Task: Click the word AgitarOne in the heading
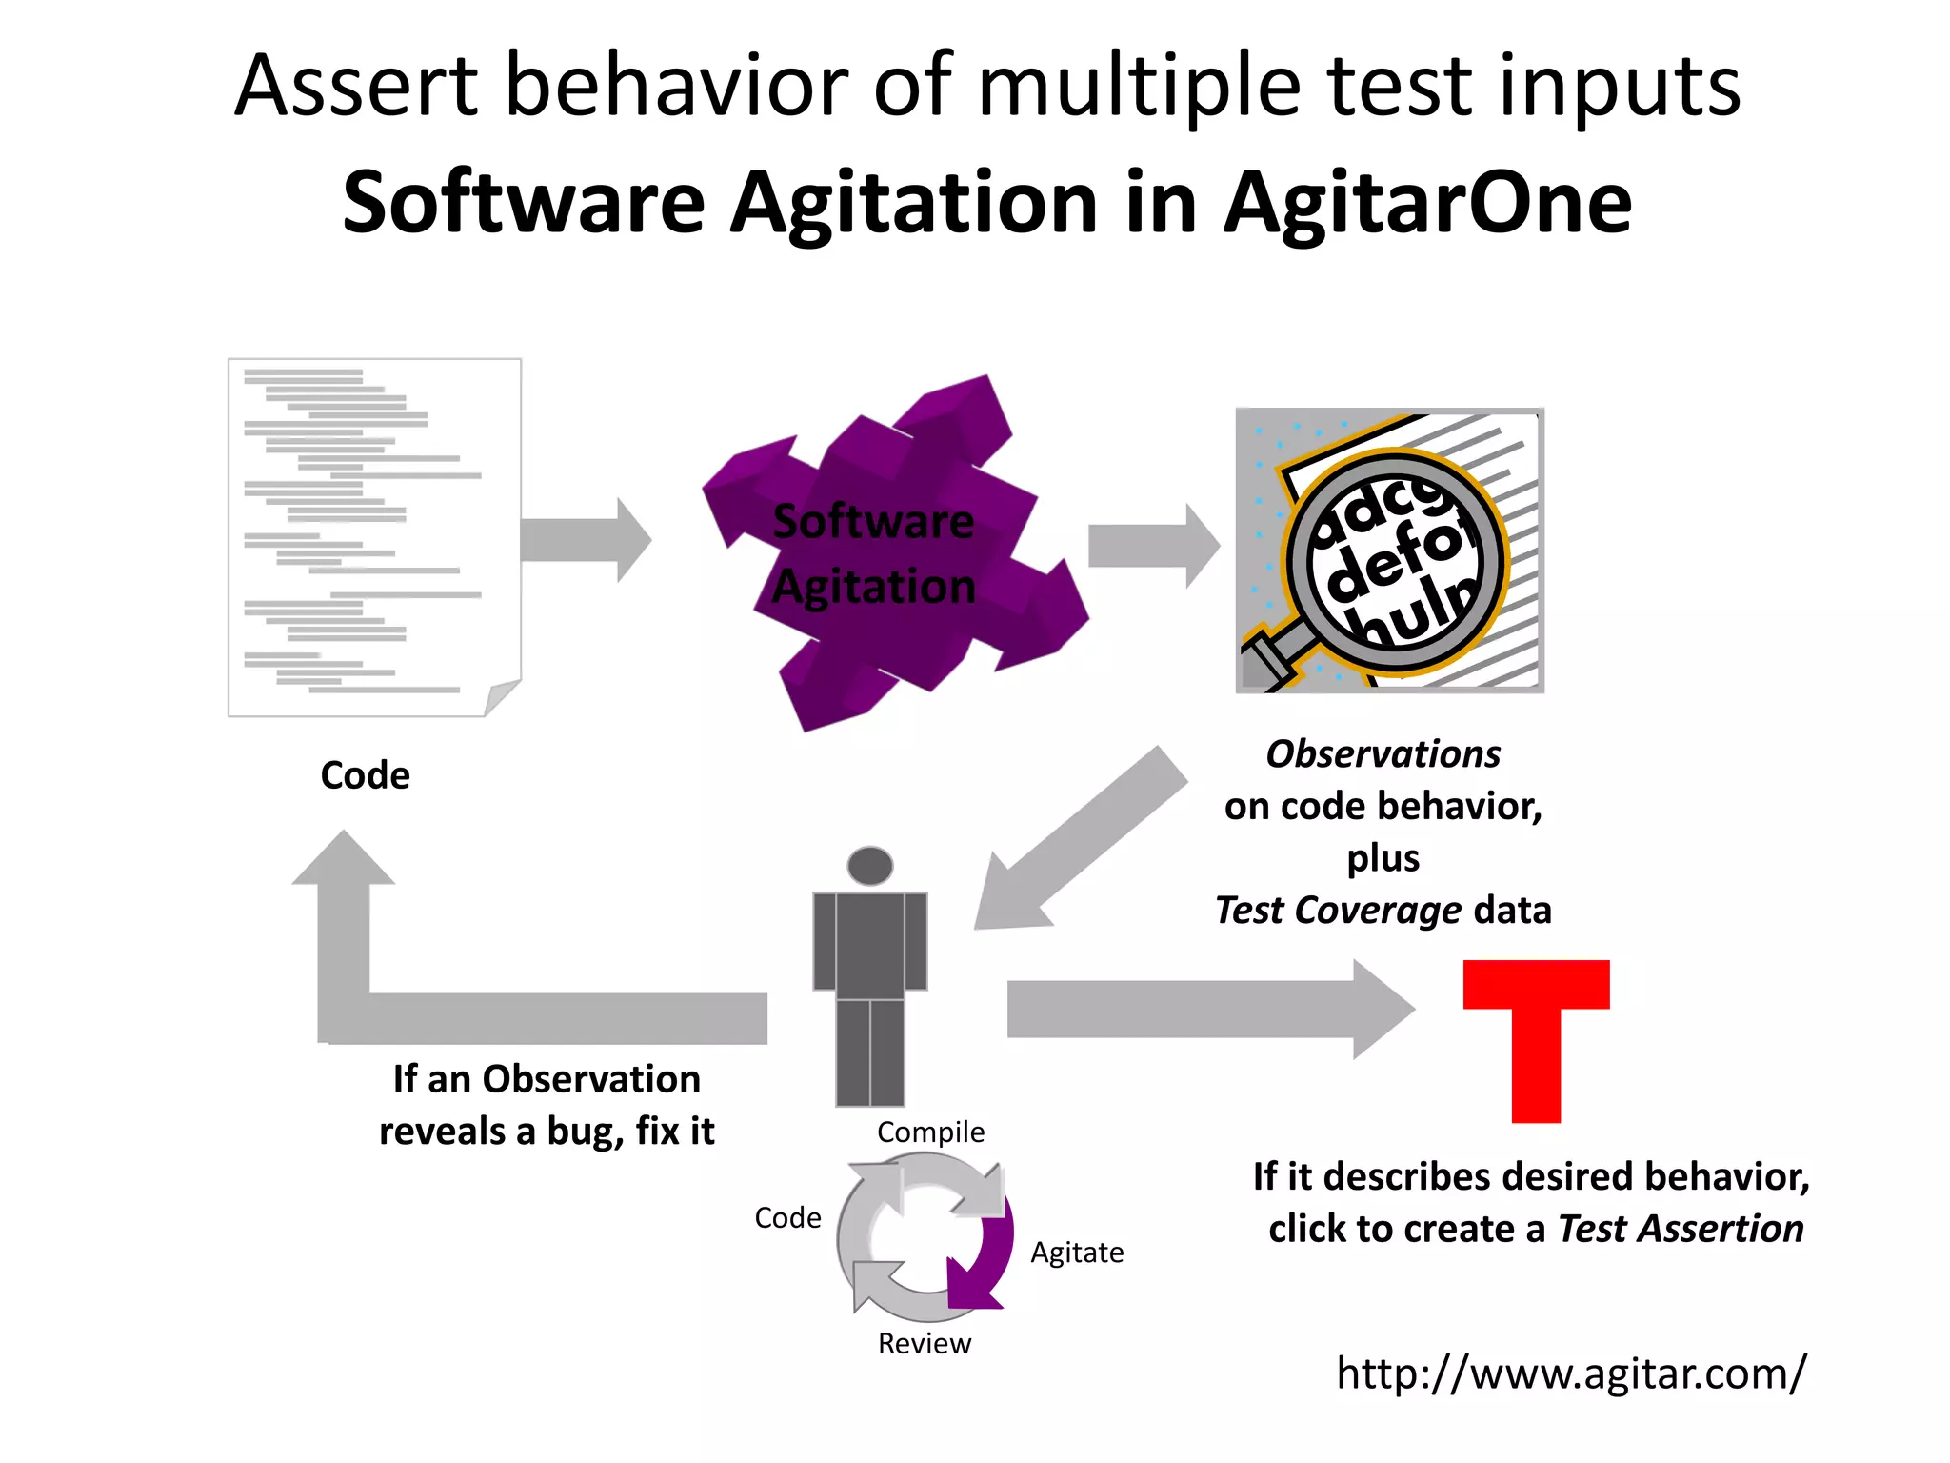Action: (x=1428, y=202)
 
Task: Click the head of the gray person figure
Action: (x=869, y=866)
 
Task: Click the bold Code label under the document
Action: (x=365, y=775)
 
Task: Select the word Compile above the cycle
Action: (x=930, y=1132)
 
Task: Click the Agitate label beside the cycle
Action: (x=1076, y=1252)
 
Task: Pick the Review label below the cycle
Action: (x=924, y=1343)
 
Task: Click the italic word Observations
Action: (x=1383, y=754)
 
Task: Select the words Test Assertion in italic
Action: (x=1681, y=1229)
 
